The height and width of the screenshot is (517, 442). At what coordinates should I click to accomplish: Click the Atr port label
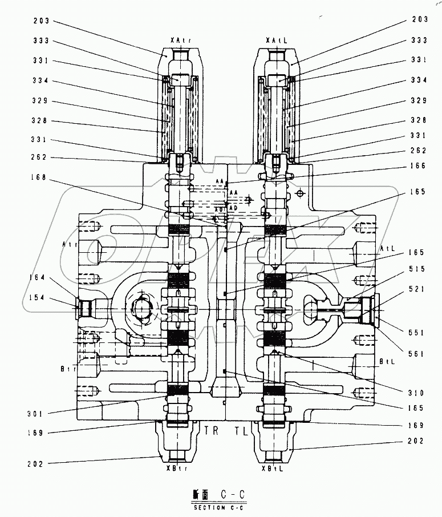point(70,244)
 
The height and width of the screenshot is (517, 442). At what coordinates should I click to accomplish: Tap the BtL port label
point(388,362)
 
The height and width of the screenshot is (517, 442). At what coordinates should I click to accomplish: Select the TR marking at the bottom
point(211,431)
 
